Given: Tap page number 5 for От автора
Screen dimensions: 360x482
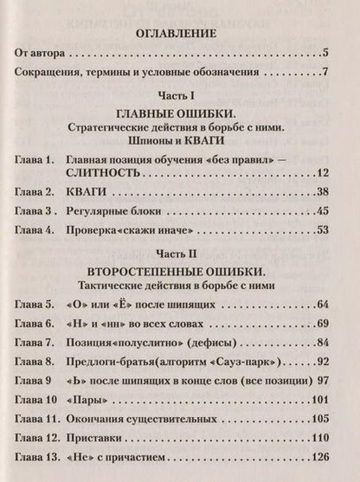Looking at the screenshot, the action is click(x=322, y=55).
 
